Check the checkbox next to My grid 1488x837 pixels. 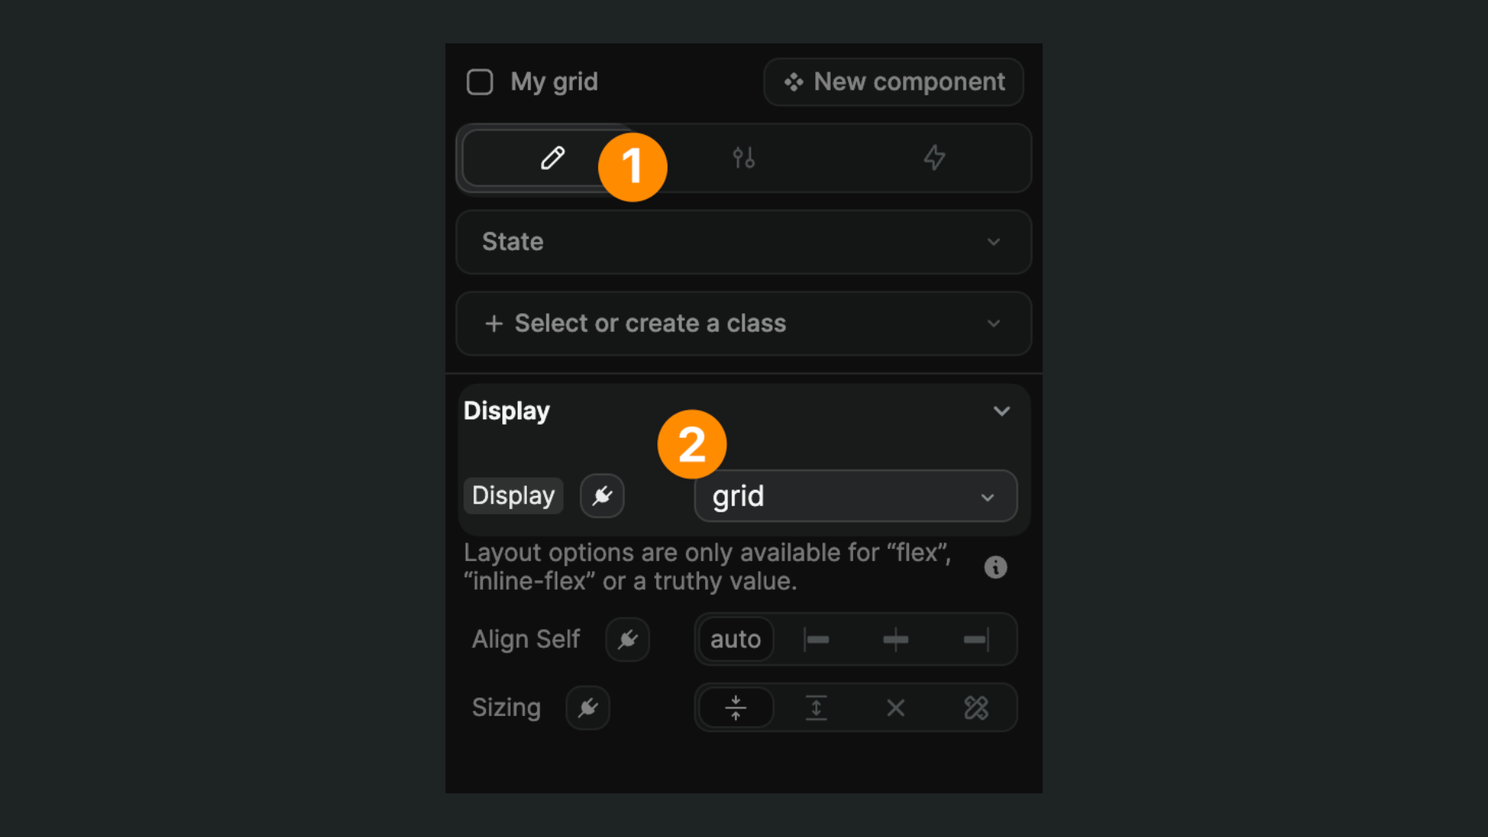coord(480,82)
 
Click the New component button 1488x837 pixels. coord(894,82)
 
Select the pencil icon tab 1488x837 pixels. coord(552,158)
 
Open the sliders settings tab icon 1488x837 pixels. coord(744,158)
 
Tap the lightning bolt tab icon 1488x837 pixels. coord(935,158)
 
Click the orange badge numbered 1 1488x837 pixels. coord(632,167)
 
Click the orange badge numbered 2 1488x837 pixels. coord(692,444)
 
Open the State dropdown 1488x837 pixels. coord(744,242)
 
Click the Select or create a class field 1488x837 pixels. coord(744,323)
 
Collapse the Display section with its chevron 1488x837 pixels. coord(1001,411)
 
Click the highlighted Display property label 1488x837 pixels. coord(513,496)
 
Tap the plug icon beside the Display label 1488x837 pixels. coord(602,496)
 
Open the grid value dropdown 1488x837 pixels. coord(856,496)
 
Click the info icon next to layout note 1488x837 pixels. coord(995,567)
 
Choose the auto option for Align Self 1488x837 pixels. coord(735,639)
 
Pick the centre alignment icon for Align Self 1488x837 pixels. coord(896,639)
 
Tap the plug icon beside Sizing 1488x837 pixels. coord(587,708)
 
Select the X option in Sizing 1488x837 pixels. coord(896,708)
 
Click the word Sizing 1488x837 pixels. coord(506,708)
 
